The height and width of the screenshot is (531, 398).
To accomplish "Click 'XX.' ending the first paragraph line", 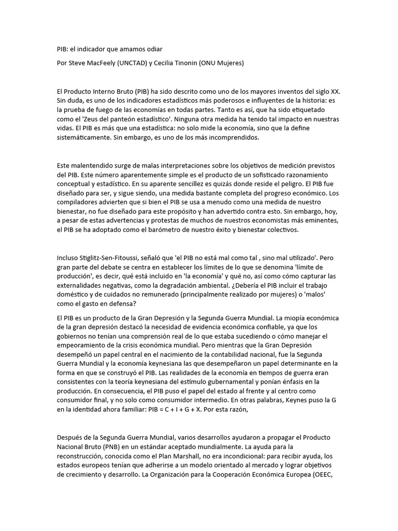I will pos(335,91).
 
